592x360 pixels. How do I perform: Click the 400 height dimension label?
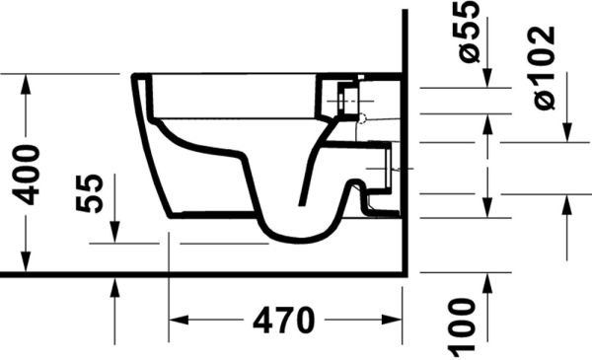(28, 174)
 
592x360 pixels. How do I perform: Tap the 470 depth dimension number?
(283, 322)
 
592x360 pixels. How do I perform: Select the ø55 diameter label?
(472, 33)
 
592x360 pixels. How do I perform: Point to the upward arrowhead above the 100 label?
(487, 283)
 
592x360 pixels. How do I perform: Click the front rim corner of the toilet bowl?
(134, 76)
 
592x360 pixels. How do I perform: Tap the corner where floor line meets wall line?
(406, 274)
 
